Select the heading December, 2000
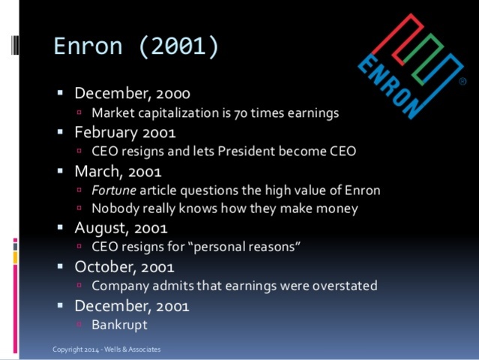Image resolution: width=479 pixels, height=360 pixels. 132,94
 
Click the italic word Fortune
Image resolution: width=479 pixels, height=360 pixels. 114,190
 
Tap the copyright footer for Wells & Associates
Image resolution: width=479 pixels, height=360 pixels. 106,349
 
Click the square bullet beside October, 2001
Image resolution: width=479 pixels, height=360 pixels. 61,266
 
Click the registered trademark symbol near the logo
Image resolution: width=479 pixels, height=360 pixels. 462,81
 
